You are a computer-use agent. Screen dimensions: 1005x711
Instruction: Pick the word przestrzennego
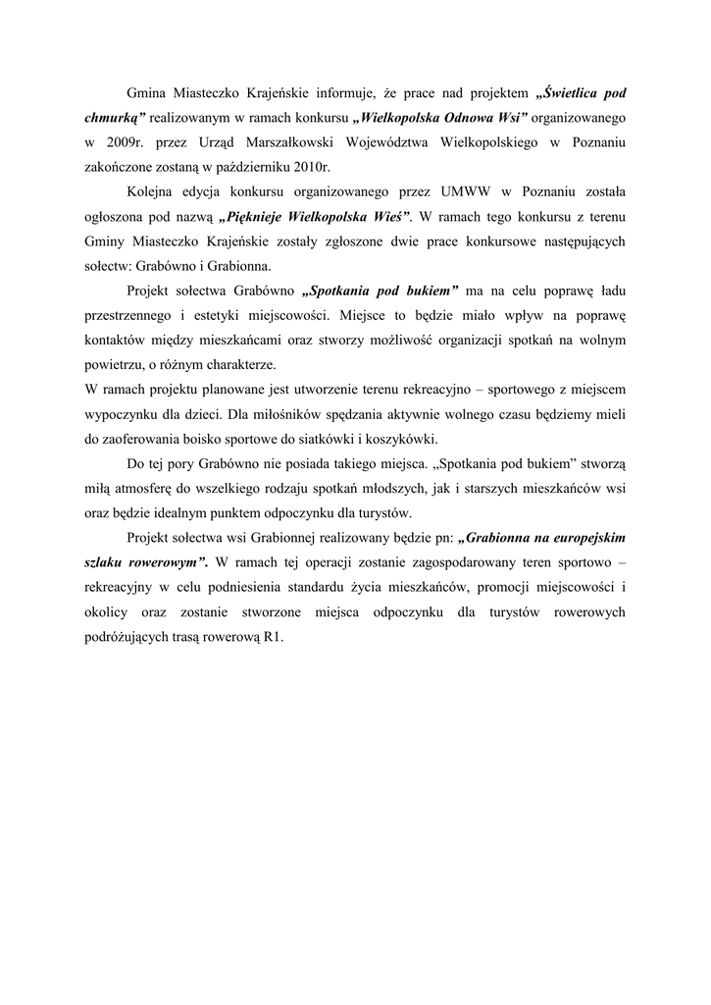pos(127,315)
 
